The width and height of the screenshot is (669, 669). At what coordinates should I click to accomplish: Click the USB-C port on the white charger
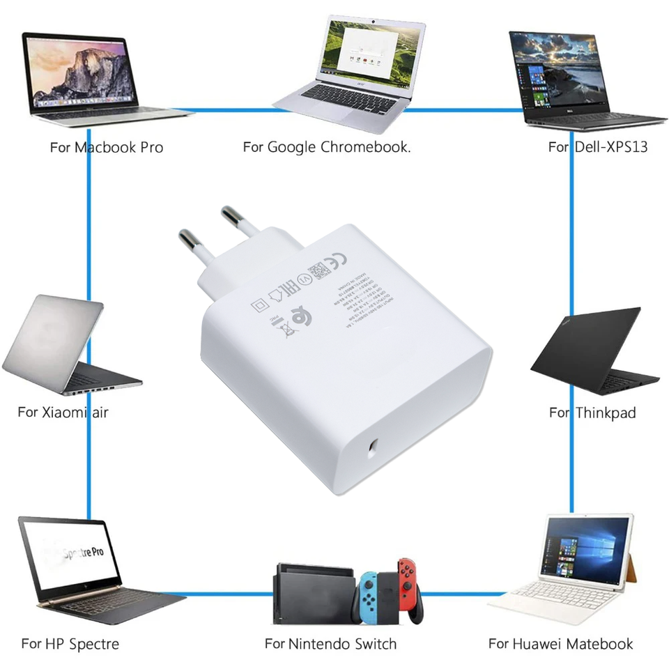pos(374,446)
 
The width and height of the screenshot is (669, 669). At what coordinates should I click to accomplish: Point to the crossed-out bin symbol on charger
pos(287,327)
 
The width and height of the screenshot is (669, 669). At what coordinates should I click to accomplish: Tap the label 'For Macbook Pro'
pos(107,148)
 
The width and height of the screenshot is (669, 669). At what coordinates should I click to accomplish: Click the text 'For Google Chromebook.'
pos(326,148)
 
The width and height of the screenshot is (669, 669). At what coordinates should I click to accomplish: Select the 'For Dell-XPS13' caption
pos(598,148)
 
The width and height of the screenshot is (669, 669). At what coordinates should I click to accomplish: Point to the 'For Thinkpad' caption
pos(592,413)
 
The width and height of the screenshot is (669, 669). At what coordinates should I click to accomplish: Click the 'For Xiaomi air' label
pos(63,412)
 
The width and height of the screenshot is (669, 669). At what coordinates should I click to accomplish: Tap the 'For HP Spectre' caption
pos(70,644)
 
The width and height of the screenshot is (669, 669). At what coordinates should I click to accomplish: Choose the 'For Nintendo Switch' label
pos(330,644)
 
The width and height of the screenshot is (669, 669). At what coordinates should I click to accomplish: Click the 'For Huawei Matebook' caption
pos(560,644)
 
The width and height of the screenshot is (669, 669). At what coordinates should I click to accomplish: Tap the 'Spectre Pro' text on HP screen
pos(84,553)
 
